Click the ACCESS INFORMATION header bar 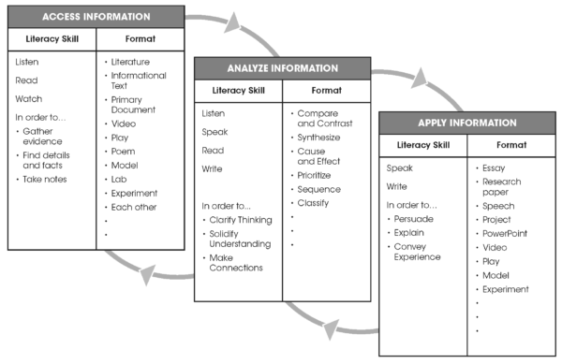pyautogui.click(x=94, y=16)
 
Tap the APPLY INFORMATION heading pyautogui.click(x=466, y=122)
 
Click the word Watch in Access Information pyautogui.click(x=29, y=98)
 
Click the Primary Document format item pyautogui.click(x=133, y=104)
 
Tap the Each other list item pyautogui.click(x=134, y=207)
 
